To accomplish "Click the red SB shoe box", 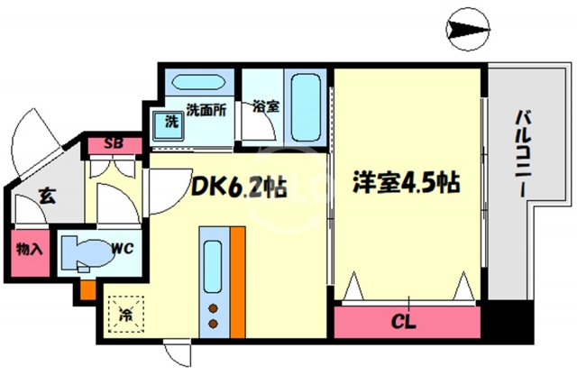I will [x=114, y=143].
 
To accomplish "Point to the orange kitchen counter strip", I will [x=237, y=279].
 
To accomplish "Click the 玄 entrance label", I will [x=44, y=193].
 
